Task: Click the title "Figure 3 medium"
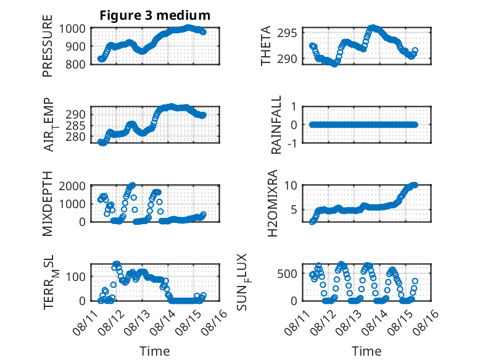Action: [x=155, y=15]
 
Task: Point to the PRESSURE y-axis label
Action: [x=48, y=46]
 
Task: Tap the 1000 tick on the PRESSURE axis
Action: [x=72, y=28]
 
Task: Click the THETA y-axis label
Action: [x=266, y=46]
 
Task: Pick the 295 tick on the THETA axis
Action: [x=287, y=33]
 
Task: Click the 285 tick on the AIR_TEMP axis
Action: [x=75, y=125]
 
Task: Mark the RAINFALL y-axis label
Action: [x=276, y=125]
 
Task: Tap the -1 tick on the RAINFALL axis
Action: [x=292, y=143]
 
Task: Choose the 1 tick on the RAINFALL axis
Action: [x=294, y=107]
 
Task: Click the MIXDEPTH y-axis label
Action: [x=48, y=204]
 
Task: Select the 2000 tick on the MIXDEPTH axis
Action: [x=72, y=186]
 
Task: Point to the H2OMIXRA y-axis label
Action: [x=272, y=203]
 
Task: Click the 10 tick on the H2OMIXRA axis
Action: [x=291, y=185]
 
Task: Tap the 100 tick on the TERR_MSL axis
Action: [x=75, y=277]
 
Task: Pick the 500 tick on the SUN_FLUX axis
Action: [x=287, y=274]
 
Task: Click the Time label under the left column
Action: [x=155, y=351]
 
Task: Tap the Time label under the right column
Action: [x=366, y=351]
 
